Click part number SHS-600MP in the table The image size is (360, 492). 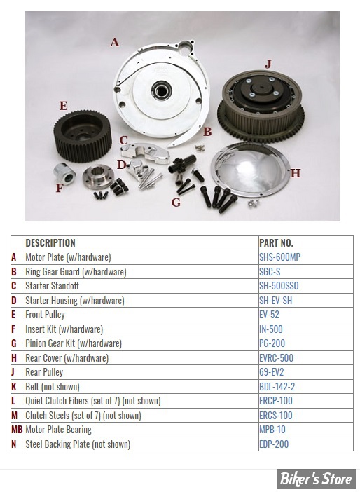[279, 257]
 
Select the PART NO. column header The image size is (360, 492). [276, 243]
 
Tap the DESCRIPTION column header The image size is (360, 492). [50, 243]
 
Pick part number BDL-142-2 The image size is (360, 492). [277, 387]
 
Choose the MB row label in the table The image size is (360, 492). [17, 430]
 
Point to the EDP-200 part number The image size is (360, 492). [274, 444]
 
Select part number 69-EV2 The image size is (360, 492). [272, 372]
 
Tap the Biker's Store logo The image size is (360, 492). [316, 479]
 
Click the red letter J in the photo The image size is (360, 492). [268, 64]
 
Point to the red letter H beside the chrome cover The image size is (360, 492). [296, 173]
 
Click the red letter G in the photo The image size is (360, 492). [176, 203]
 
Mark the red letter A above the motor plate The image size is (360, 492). [115, 42]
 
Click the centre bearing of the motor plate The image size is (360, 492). [162, 90]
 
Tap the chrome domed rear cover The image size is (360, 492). [250, 170]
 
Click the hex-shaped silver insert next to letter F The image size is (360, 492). [64, 174]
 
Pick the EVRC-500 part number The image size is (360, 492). [276, 357]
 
